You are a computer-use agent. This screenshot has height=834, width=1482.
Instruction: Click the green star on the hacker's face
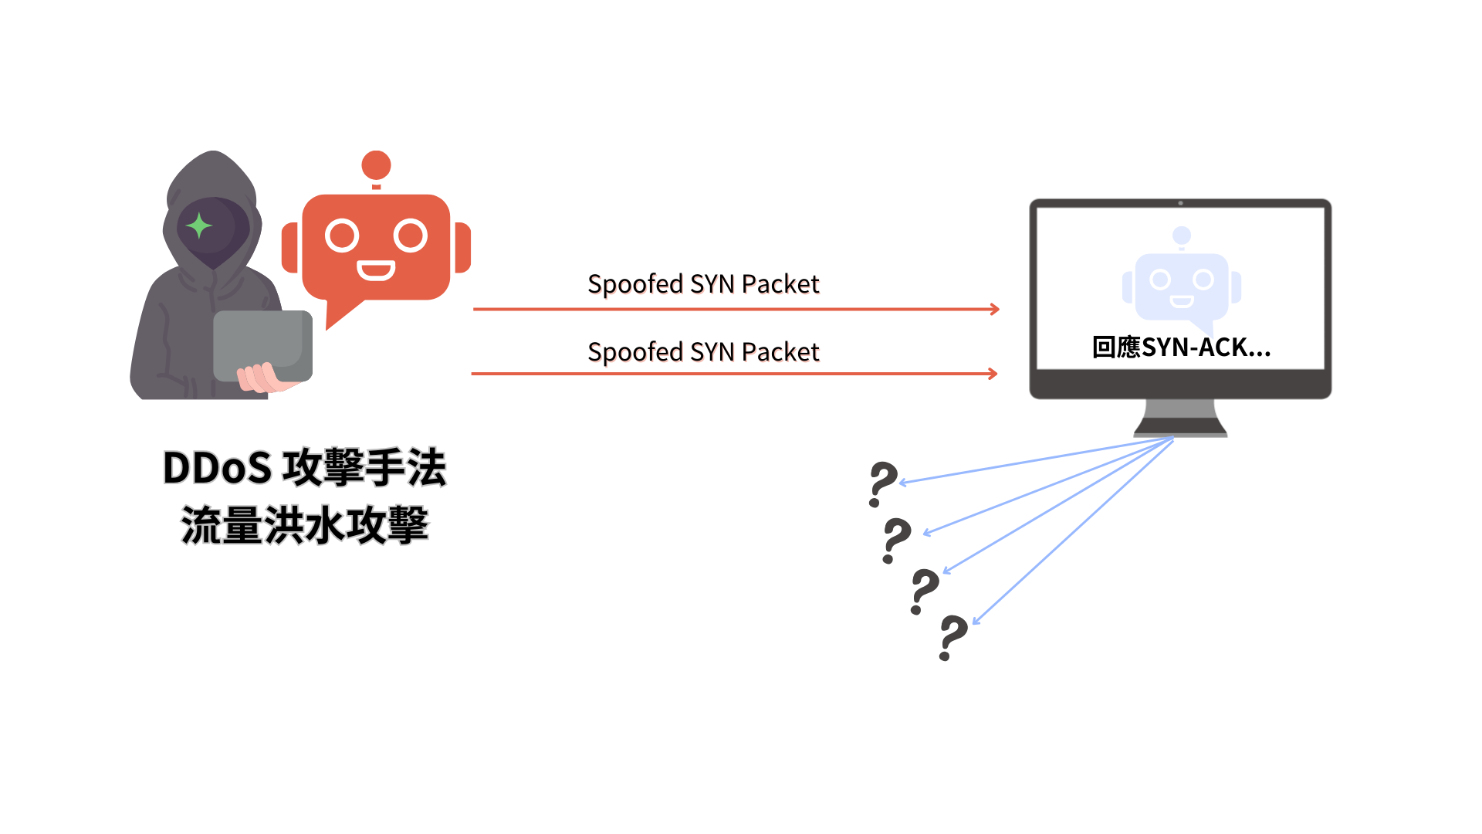pyautogui.click(x=199, y=225)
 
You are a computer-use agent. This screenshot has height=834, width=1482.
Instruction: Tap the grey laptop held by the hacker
pyautogui.click(x=262, y=344)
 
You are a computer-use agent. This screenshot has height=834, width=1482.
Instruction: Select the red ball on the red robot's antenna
pyautogui.click(x=376, y=164)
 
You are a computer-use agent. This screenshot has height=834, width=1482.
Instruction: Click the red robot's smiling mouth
pyautogui.click(x=376, y=270)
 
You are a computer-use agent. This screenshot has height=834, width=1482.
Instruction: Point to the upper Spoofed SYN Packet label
pyautogui.click(x=704, y=285)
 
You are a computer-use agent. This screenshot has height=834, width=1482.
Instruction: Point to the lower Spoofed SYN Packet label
pyautogui.click(x=704, y=353)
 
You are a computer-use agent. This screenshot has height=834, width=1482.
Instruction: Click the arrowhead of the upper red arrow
pyautogui.click(x=995, y=309)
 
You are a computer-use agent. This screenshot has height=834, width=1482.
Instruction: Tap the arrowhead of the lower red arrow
pyautogui.click(x=993, y=374)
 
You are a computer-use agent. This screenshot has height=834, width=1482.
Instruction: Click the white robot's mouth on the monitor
pyautogui.click(x=1182, y=301)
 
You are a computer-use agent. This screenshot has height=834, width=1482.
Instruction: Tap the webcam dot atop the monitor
pyautogui.click(x=1180, y=203)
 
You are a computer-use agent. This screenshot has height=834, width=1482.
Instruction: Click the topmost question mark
pyautogui.click(x=883, y=483)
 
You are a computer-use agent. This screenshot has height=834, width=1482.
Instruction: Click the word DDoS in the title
pyautogui.click(x=218, y=468)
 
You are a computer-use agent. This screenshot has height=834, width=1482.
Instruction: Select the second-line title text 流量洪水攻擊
pyautogui.click(x=305, y=525)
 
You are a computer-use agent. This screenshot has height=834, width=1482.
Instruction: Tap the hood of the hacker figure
pyautogui.click(x=212, y=174)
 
